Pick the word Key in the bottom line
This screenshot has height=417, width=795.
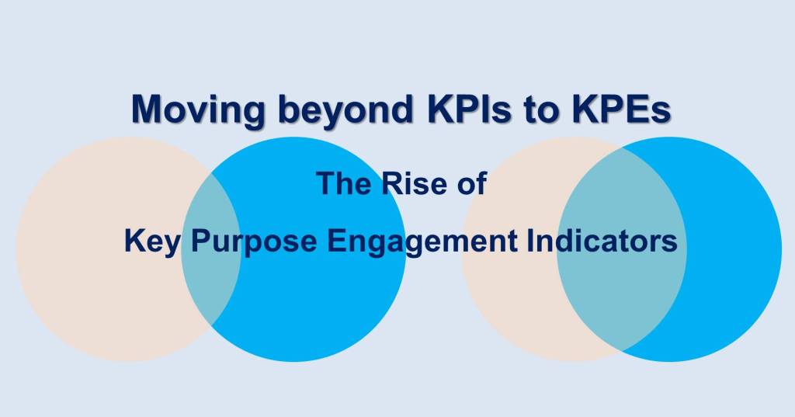153,241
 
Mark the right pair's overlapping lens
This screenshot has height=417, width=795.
621,295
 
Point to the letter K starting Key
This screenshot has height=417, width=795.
133,241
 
